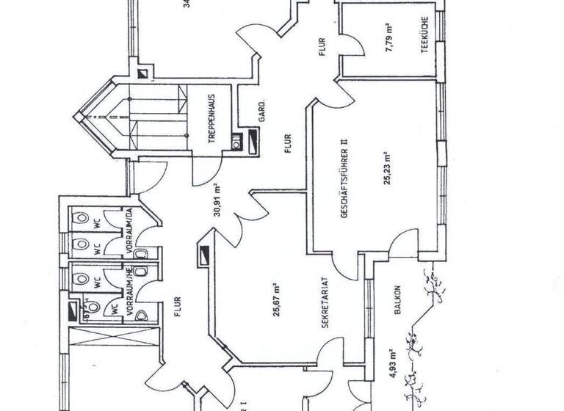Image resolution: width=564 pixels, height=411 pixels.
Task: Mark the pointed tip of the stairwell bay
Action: pyautogui.click(x=76, y=117)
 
